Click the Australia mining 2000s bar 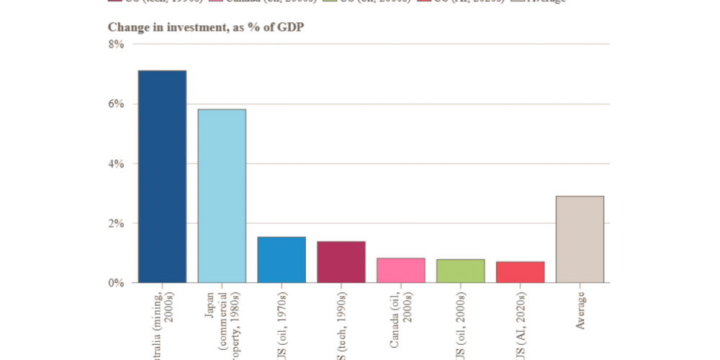pyautogui.click(x=162, y=176)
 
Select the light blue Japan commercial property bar pyautogui.click(x=222, y=196)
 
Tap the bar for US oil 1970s pyautogui.click(x=282, y=260)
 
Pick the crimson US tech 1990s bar pyautogui.click(x=341, y=262)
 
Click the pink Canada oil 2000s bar pyautogui.click(x=401, y=270)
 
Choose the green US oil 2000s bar pyautogui.click(x=461, y=271)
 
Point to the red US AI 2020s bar pyautogui.click(x=521, y=272)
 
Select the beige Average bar pyautogui.click(x=580, y=239)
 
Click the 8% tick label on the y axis pyautogui.click(x=117, y=44)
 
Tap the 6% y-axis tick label pyautogui.click(x=117, y=104)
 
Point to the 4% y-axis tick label pyautogui.click(x=117, y=163)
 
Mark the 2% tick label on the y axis pyautogui.click(x=117, y=223)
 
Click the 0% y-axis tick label pyautogui.click(x=117, y=283)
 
